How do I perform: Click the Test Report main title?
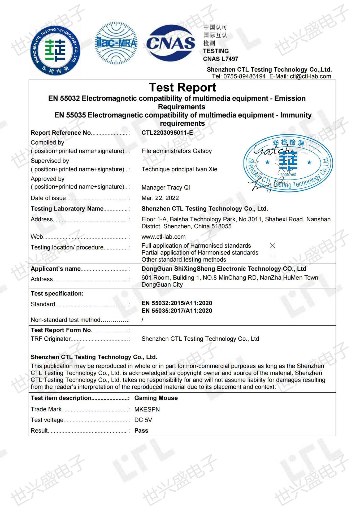[182, 87]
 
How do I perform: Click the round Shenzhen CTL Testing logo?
[55, 50]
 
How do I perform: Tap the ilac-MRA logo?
[116, 43]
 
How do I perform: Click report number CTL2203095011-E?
[167, 133]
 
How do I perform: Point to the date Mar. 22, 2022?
[160, 198]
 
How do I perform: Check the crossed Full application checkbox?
[272, 246]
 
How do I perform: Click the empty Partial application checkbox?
[272, 253]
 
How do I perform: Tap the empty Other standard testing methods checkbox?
[272, 260]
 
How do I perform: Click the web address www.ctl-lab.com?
[163, 237]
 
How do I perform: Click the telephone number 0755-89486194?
[244, 77]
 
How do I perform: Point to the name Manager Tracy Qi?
[166, 188]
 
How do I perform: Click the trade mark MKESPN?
[147, 409]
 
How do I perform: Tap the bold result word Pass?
[141, 431]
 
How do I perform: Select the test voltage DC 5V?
[143, 420]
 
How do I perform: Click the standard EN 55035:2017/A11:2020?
[177, 311]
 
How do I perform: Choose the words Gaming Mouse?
[156, 398]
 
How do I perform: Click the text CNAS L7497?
[220, 59]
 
